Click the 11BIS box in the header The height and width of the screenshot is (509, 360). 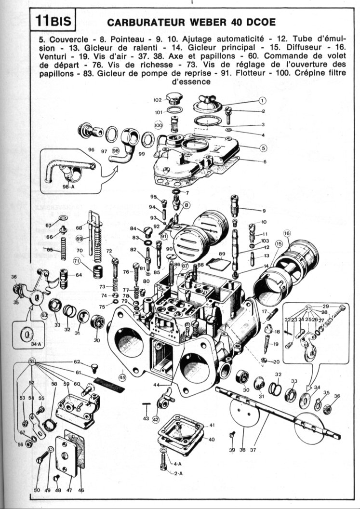click(x=52, y=22)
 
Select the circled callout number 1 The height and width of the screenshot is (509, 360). click(x=263, y=101)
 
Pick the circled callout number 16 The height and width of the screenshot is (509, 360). click(x=287, y=234)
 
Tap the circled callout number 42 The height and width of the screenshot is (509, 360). click(x=155, y=419)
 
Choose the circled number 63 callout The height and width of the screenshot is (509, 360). click(x=44, y=315)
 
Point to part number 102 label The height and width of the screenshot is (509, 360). click(x=158, y=100)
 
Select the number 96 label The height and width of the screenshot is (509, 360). click(x=91, y=150)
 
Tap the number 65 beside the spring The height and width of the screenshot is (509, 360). click(x=50, y=249)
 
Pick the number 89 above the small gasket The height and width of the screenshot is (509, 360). click(x=222, y=254)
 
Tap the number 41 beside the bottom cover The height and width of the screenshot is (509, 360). click(x=212, y=425)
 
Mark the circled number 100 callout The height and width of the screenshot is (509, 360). click(x=158, y=125)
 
